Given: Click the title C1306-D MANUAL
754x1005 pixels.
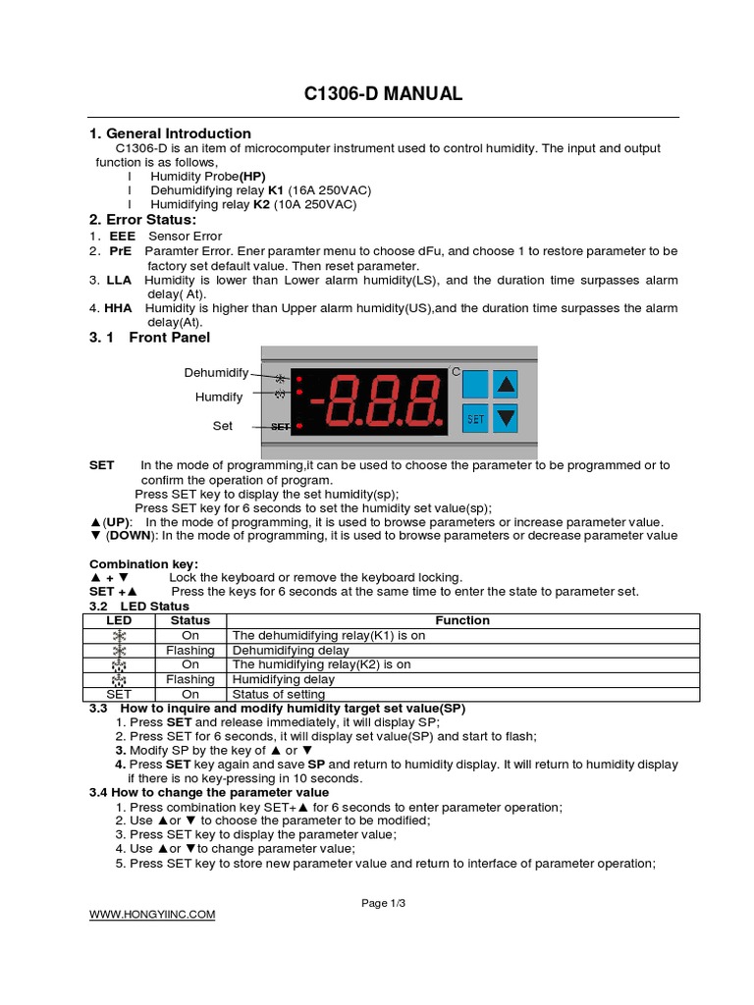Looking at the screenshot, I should coord(382,94).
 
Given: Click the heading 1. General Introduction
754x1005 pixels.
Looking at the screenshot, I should coord(170,133).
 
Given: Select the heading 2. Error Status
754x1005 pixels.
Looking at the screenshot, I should coord(142,219).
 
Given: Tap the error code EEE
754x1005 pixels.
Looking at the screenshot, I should coord(122,237).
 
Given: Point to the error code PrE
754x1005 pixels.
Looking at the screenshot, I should coord(120,251).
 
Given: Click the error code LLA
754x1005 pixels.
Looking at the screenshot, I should coord(120,281).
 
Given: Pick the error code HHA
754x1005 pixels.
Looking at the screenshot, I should coord(119,308).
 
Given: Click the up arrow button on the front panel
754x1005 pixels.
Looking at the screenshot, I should coord(505,383).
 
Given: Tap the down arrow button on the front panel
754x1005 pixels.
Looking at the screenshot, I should coord(505,418).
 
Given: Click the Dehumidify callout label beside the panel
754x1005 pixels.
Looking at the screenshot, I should coord(216,373).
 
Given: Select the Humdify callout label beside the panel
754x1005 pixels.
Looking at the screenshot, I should coord(218,397).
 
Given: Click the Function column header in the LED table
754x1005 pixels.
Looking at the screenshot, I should coord(462,620).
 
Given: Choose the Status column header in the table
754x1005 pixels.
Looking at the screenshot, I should coord(190,620).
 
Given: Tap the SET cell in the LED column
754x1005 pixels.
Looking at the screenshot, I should coord(119,694).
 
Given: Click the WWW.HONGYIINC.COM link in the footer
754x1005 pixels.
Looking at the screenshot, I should coord(152,915).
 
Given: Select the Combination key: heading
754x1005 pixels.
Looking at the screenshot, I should coord(143,563).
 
